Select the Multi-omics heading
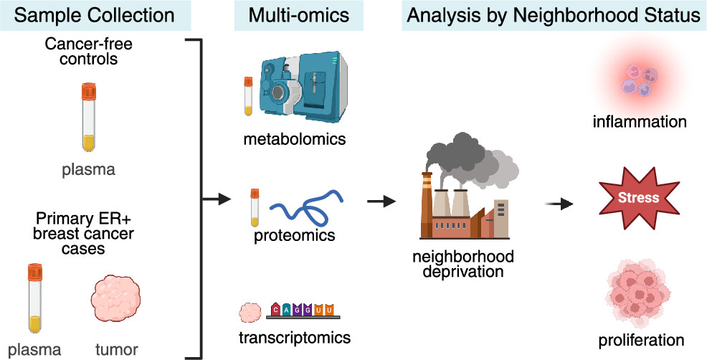[x=289, y=15]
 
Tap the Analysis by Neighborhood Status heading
[x=553, y=15]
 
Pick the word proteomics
[x=294, y=235]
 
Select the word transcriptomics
[x=294, y=336]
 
